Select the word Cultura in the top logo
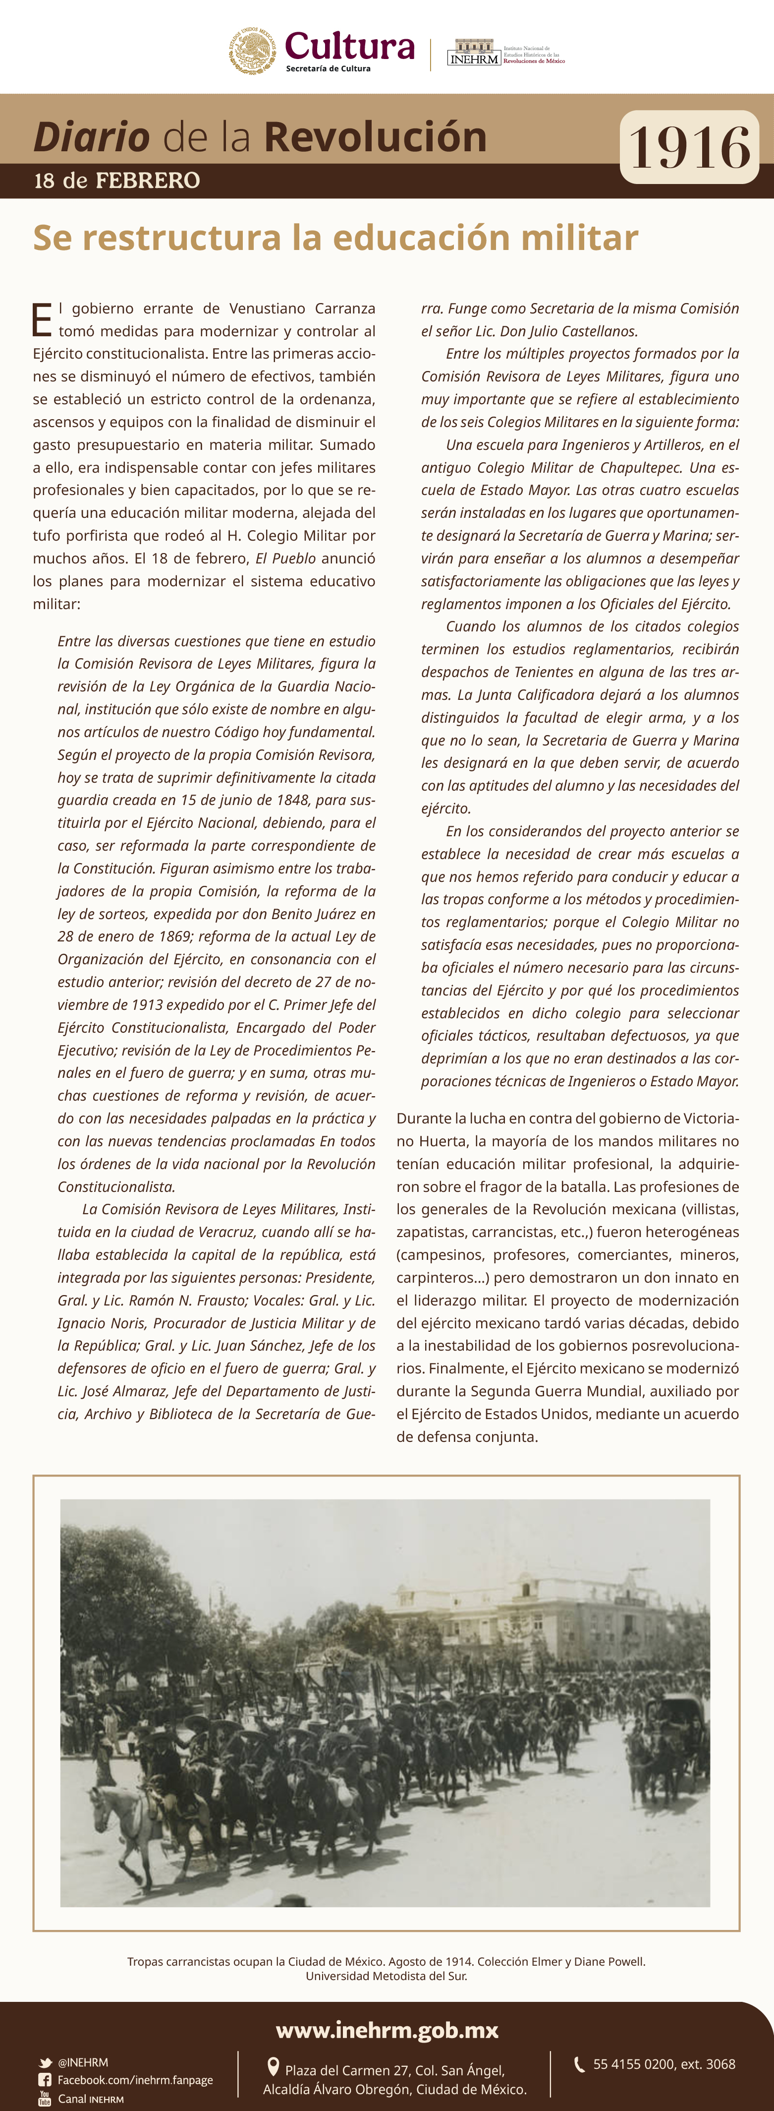pyautogui.click(x=350, y=46)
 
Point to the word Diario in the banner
pyautogui.click(x=91, y=137)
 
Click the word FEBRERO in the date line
pyautogui.click(x=148, y=180)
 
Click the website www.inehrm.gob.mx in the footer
pyautogui.click(x=387, y=2029)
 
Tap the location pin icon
pyautogui.click(x=274, y=2067)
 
